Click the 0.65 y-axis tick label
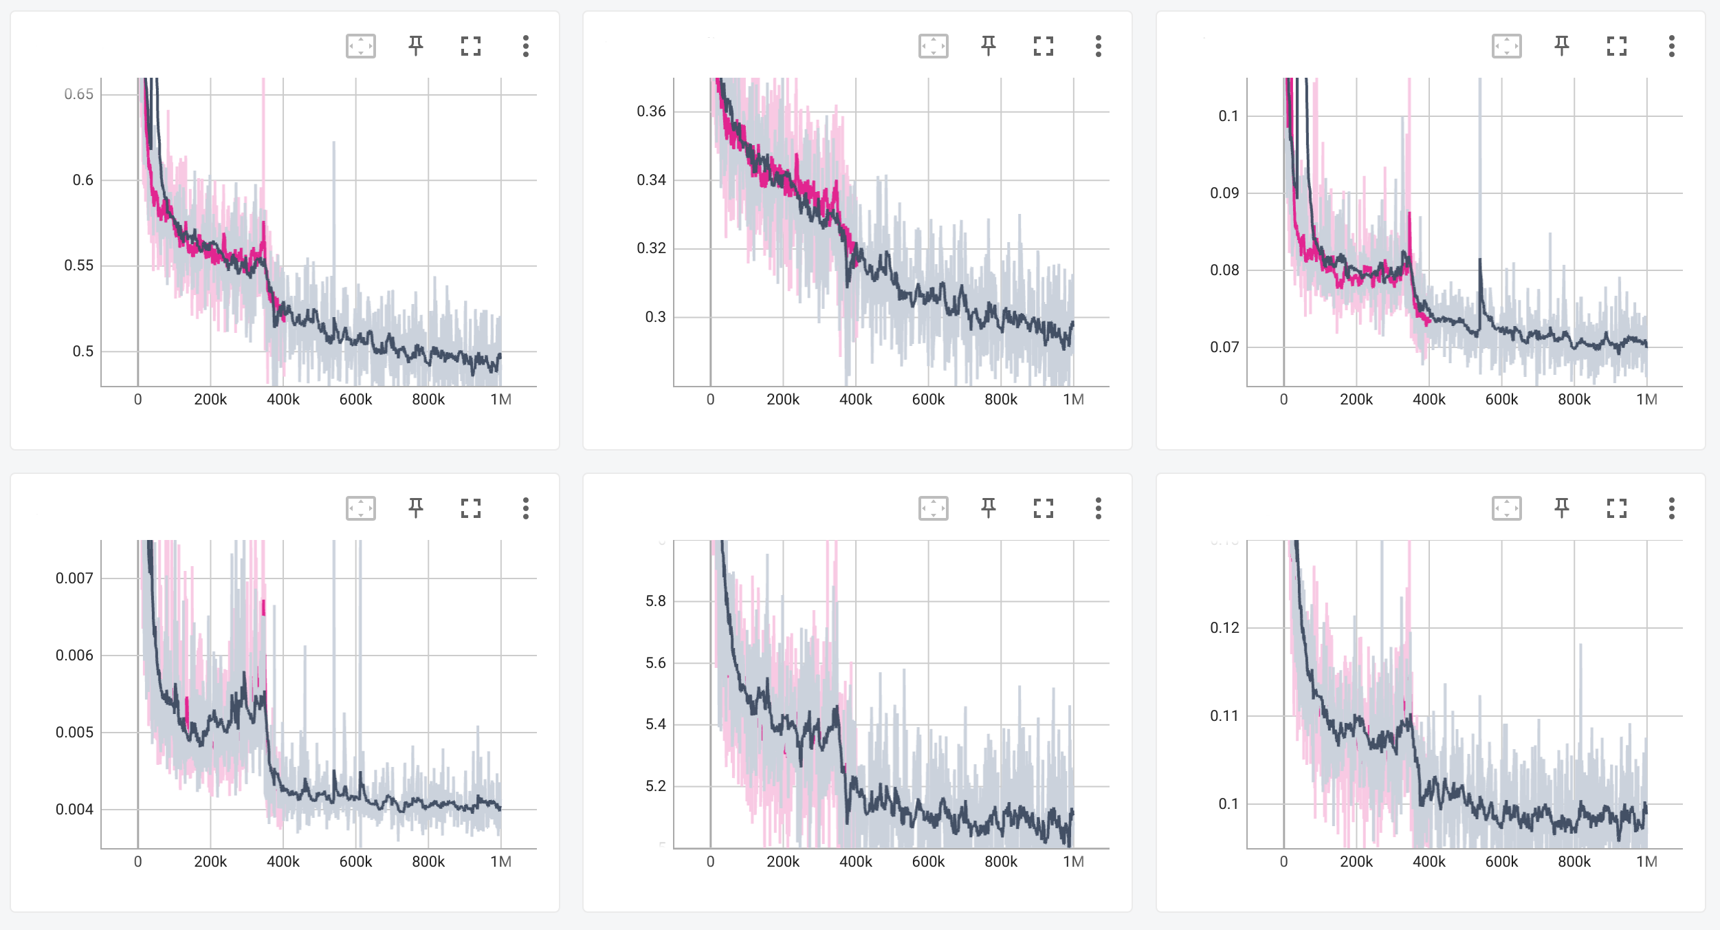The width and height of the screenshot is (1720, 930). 78,94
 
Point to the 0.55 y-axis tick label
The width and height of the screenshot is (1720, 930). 78,266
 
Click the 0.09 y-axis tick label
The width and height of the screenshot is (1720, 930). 1224,193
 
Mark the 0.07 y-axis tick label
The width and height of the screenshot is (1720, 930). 1224,347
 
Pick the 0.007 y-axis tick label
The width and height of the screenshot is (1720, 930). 74,578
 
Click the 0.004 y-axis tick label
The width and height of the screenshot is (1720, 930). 74,810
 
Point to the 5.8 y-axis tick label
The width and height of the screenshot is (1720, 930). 655,601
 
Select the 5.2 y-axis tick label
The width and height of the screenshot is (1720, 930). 655,786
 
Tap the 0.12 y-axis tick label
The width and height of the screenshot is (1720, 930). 1224,628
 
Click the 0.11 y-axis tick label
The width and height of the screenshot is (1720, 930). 1224,716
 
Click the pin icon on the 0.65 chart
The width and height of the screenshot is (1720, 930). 416,46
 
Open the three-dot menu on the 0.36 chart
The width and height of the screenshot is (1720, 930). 1099,46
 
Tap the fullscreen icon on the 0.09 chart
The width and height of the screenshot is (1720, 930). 1617,46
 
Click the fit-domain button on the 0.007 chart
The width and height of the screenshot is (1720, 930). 361,508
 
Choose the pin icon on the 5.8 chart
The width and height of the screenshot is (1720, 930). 989,508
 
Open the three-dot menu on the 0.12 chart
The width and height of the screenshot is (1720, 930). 1672,508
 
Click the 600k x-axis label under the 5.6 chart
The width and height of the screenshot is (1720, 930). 928,862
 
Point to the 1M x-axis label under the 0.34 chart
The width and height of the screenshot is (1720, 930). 1073,400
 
